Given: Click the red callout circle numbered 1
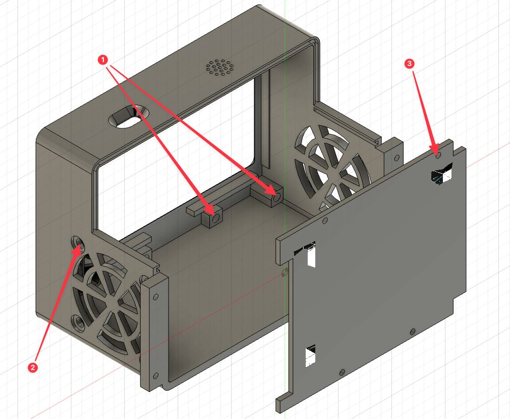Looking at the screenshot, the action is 103,60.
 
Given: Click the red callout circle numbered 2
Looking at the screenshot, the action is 32,367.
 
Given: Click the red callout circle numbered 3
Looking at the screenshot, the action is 409,63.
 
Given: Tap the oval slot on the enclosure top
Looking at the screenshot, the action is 129,116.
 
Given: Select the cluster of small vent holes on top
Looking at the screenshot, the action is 220,67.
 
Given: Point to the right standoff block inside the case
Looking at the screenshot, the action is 275,196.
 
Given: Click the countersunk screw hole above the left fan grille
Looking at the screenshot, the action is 78,243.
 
